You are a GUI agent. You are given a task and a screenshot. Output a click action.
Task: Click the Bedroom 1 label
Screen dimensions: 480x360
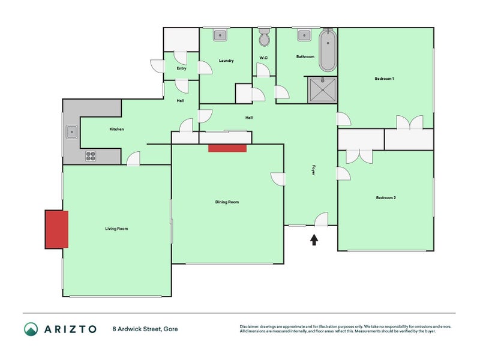click(384, 79)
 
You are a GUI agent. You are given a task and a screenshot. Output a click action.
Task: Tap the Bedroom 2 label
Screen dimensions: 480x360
click(386, 198)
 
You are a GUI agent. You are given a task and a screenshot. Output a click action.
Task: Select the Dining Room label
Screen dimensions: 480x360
click(227, 202)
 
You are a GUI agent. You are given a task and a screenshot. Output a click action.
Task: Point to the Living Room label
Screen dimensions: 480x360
click(116, 229)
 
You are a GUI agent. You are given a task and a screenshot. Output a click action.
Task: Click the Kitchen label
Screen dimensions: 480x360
click(116, 129)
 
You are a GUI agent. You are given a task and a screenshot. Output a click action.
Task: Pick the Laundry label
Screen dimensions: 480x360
click(226, 61)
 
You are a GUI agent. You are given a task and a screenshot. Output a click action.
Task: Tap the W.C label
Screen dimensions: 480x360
click(263, 58)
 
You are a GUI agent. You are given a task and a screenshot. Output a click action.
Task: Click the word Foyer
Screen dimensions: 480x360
click(313, 170)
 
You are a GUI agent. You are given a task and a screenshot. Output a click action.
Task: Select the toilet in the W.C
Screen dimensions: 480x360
click(265, 37)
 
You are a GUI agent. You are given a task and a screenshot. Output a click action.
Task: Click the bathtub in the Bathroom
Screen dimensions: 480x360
click(328, 50)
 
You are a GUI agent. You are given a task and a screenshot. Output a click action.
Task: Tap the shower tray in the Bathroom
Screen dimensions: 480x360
click(322, 90)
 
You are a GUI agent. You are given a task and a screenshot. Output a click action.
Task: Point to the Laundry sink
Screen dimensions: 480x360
click(220, 35)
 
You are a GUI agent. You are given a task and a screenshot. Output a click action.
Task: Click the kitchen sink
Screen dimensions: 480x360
click(71, 132)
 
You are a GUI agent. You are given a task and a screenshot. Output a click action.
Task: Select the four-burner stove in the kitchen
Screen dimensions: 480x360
click(91, 156)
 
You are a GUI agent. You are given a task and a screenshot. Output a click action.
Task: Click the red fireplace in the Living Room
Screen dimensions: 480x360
click(56, 229)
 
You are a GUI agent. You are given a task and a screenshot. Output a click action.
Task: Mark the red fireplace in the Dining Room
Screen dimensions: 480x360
click(227, 148)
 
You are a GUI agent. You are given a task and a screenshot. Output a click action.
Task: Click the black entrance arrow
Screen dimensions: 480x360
click(314, 239)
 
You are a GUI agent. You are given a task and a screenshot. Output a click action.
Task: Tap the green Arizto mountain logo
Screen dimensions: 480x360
click(31, 329)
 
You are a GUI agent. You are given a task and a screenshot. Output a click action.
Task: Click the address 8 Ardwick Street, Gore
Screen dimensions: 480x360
click(145, 329)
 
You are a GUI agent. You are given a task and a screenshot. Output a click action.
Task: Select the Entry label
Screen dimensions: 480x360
click(182, 68)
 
